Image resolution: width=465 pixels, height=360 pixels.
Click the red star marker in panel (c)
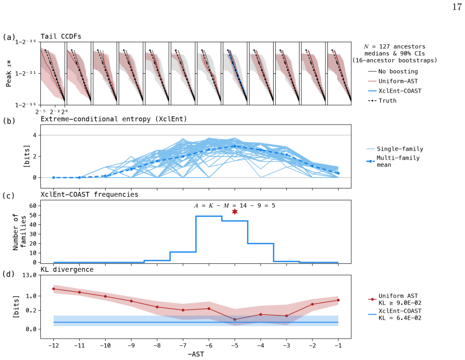click(x=235, y=211)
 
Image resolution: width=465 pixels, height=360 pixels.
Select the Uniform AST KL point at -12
click(x=54, y=289)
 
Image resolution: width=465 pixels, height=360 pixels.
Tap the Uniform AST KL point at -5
click(x=235, y=319)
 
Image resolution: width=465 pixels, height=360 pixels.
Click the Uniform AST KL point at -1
click(x=338, y=300)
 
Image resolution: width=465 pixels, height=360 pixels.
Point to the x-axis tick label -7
click(x=183, y=346)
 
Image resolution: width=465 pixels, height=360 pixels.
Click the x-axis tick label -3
click(x=287, y=346)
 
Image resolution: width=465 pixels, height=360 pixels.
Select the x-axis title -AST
click(x=196, y=354)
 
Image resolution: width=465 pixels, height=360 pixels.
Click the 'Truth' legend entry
click(x=382, y=101)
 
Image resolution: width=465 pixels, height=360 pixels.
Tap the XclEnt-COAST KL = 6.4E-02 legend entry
click(x=395, y=314)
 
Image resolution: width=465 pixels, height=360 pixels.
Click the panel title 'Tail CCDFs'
click(x=61, y=36)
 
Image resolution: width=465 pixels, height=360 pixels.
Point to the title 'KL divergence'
click(x=67, y=269)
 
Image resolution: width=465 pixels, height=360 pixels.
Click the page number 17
click(x=457, y=7)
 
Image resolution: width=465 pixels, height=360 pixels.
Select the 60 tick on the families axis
click(x=33, y=205)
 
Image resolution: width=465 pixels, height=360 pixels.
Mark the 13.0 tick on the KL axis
click(x=29, y=275)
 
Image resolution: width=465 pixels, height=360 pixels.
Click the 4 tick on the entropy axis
click(x=35, y=135)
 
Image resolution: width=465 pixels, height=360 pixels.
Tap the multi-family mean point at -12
click(x=54, y=178)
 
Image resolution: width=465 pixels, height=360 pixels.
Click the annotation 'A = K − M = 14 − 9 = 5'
click(x=234, y=205)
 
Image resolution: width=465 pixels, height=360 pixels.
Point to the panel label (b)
click(x=9, y=121)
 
